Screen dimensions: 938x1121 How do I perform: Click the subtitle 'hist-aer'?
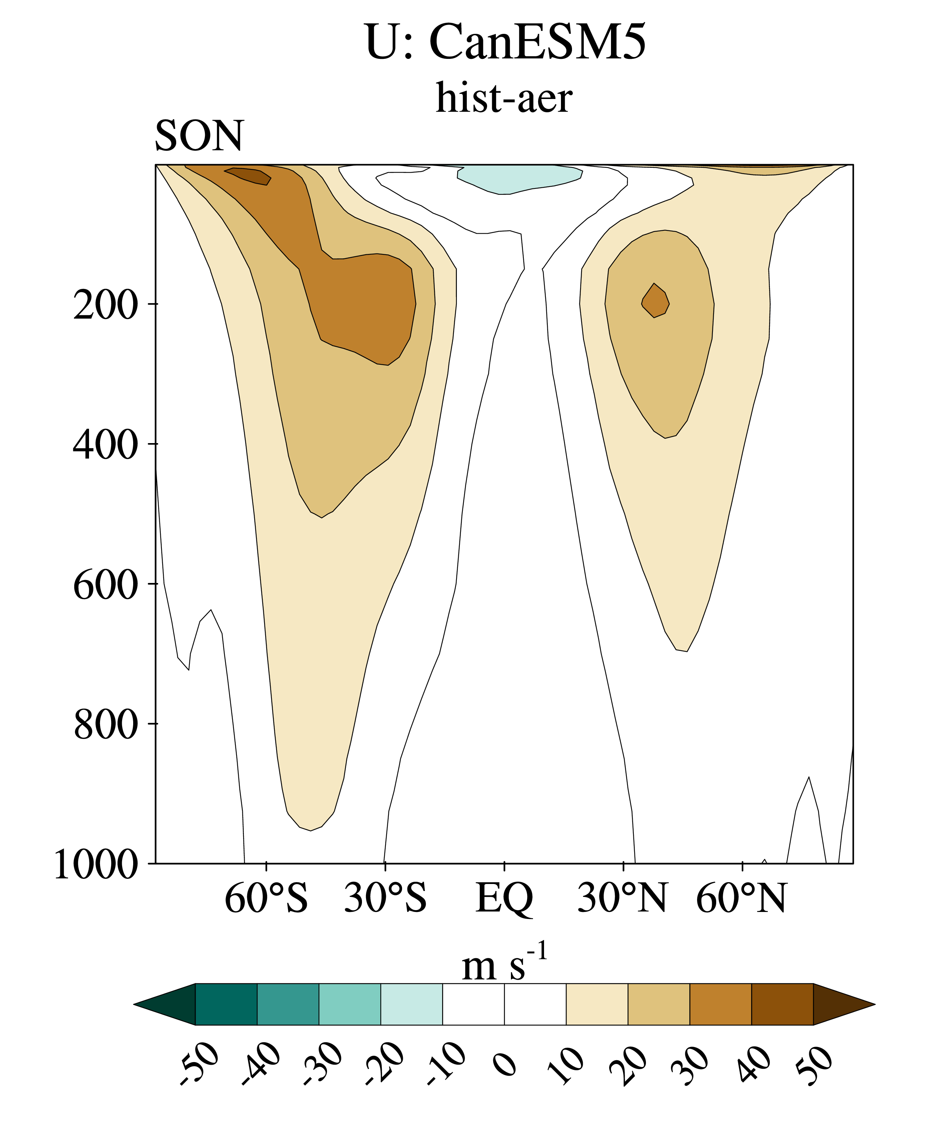(x=504, y=98)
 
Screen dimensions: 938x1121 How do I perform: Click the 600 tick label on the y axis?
(x=105, y=585)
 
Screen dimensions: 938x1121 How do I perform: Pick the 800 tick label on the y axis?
(x=105, y=725)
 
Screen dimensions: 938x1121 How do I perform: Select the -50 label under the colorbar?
(x=199, y=1065)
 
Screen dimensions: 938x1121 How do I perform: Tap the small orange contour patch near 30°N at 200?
(x=655, y=301)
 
